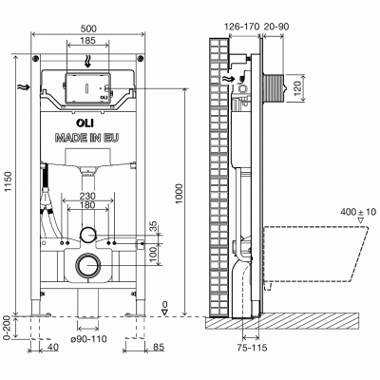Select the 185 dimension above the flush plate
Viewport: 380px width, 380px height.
(88, 43)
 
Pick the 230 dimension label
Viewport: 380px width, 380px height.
(88, 198)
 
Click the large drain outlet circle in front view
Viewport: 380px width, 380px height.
(88, 267)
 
